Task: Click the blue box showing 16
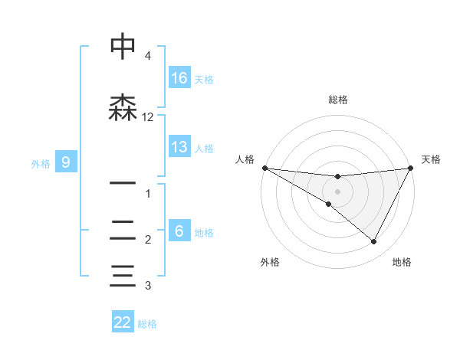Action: click(x=179, y=77)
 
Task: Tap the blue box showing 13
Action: click(x=179, y=147)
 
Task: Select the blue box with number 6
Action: click(x=179, y=231)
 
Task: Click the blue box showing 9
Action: click(x=66, y=162)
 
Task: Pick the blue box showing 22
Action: click(x=123, y=322)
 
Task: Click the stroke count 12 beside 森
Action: click(x=148, y=117)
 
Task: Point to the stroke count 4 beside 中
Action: click(x=148, y=56)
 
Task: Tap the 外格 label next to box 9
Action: click(x=41, y=163)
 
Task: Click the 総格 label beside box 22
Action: click(x=148, y=324)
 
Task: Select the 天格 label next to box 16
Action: click(x=204, y=79)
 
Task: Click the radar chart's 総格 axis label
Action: click(x=338, y=100)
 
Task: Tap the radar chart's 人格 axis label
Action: click(x=245, y=159)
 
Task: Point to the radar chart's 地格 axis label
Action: click(x=402, y=262)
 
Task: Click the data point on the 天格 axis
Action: click(x=411, y=168)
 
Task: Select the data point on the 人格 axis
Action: click(x=264, y=168)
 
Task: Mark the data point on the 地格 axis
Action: click(x=374, y=242)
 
